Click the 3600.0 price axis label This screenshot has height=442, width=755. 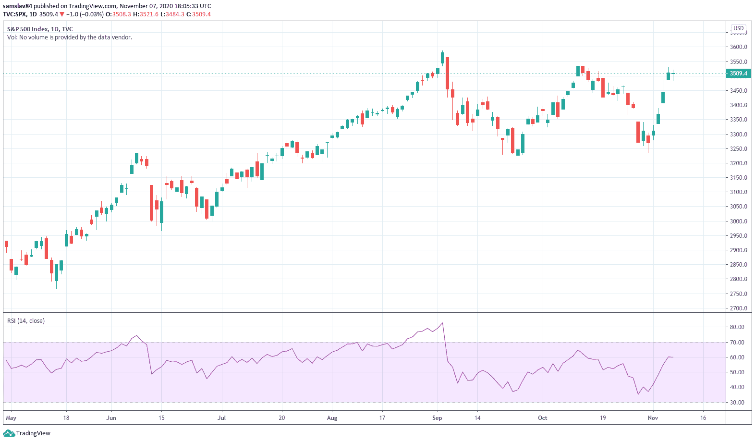738,47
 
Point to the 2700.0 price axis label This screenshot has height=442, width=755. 738,308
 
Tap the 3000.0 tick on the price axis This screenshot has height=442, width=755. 738,221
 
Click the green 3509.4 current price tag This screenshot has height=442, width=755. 738,74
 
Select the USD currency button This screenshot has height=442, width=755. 738,28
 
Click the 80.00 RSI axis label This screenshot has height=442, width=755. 737,327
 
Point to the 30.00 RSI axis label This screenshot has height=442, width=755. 737,403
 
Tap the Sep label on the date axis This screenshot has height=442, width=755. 437,418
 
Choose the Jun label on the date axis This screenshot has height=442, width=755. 111,418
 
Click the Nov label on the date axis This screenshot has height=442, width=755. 653,418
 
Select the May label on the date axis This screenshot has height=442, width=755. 11,418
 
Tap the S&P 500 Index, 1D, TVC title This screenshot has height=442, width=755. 40,29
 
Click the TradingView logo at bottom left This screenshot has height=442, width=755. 27,433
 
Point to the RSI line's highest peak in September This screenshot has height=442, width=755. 442,323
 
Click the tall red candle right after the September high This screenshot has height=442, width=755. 448,73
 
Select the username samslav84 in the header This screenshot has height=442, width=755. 17,6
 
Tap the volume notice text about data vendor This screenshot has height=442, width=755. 70,37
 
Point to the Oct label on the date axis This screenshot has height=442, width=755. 542,418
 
